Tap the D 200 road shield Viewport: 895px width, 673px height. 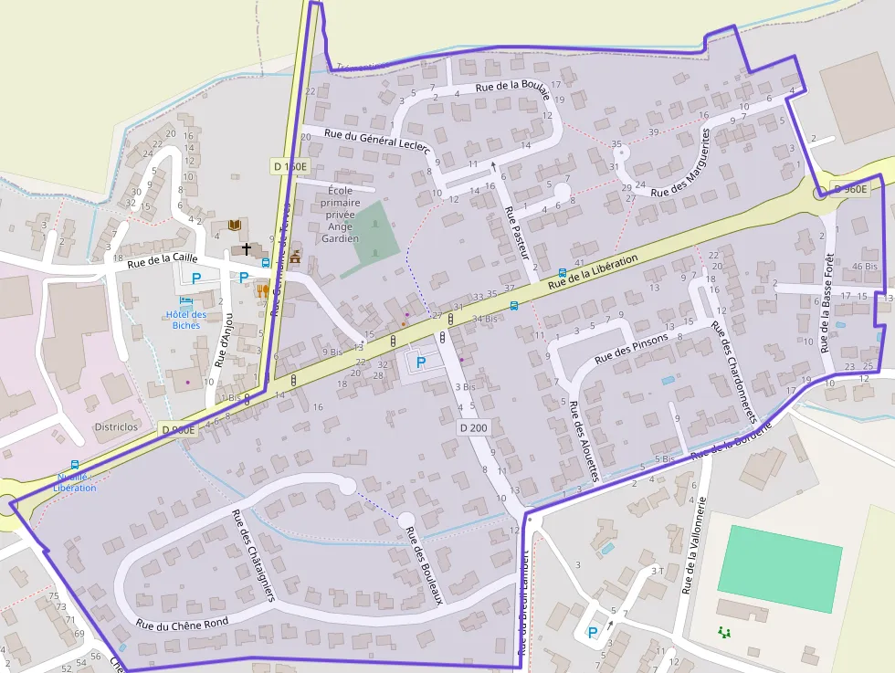point(473,427)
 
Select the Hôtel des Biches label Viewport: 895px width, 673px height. point(186,320)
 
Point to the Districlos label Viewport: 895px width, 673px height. point(116,426)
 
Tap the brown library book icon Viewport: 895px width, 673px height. point(235,225)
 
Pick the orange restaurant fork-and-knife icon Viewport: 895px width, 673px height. point(263,291)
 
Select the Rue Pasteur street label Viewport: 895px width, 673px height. point(516,234)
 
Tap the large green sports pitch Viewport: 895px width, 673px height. point(779,567)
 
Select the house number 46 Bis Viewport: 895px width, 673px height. point(864,267)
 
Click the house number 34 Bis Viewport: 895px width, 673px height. point(485,319)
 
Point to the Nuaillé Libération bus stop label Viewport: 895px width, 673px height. point(75,482)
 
